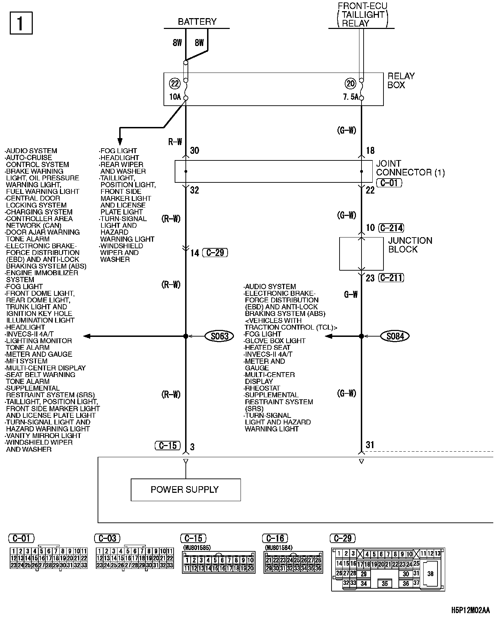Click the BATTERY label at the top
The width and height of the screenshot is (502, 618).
pos(197,22)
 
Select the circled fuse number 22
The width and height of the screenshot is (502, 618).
pos(175,83)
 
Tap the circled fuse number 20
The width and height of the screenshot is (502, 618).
pos(350,83)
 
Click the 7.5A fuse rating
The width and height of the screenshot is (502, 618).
pos(351,97)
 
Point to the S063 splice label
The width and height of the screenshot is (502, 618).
pos(220,336)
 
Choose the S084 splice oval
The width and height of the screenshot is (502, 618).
pos(395,336)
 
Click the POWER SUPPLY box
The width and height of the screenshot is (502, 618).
pos(185,490)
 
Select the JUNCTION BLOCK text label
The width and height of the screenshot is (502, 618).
pos(410,245)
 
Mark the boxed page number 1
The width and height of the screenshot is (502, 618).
pos(21,23)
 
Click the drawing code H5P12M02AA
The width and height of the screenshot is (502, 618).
pos(470,610)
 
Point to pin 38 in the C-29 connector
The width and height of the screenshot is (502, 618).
pos(431,574)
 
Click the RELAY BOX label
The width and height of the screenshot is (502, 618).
pos(401,81)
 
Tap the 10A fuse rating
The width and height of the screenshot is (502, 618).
pos(175,97)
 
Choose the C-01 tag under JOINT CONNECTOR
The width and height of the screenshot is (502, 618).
pos(389,183)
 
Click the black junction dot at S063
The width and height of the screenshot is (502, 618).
pos(186,336)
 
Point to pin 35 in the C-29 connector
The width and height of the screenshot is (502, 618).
pos(385,583)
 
